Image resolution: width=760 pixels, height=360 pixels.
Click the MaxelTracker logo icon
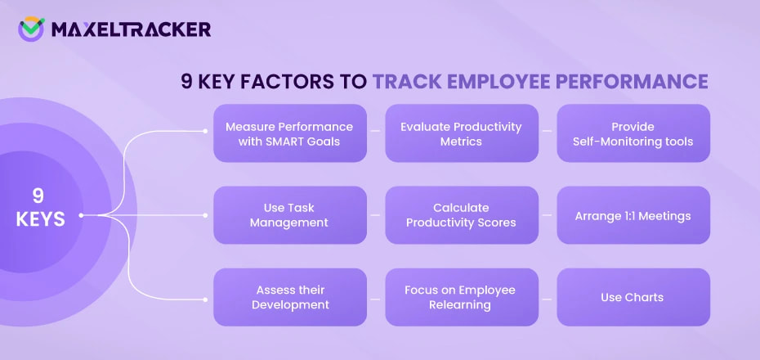pos(31,29)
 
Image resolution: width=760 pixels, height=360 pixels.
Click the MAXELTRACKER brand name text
pos(130,30)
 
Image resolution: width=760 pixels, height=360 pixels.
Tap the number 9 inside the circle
pos(38,196)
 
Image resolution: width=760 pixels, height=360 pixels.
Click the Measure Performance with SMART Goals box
pos(289,133)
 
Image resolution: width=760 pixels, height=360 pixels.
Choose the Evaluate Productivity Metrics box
pos(461,133)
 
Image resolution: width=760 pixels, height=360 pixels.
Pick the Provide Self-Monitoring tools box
pos(633,133)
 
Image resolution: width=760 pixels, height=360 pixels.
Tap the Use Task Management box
pos(289,215)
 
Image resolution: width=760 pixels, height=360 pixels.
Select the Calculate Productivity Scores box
pos(461,215)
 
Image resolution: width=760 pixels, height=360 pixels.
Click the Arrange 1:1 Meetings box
pos(633,216)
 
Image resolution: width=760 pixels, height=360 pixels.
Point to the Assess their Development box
pos(289,297)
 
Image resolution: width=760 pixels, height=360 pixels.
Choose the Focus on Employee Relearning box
pos(461,297)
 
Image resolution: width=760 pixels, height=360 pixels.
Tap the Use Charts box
pos(633,297)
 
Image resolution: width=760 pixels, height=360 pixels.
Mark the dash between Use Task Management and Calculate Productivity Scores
pos(376,216)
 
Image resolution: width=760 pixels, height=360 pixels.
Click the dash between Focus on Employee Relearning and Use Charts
pos(548,298)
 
